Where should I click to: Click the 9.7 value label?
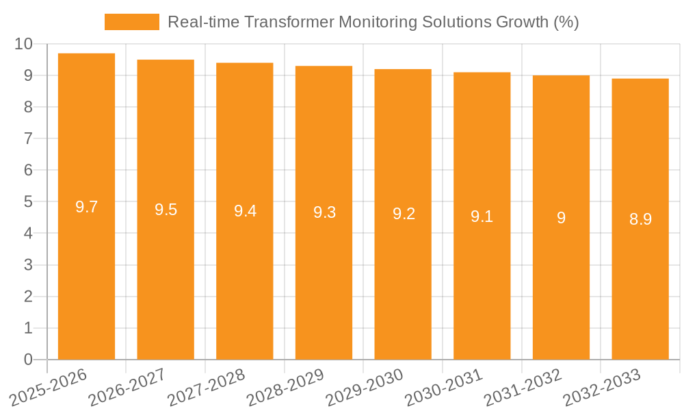[x=86, y=207]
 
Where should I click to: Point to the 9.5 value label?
[x=166, y=210]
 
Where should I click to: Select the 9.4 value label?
[x=245, y=211]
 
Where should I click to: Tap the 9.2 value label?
[x=403, y=214]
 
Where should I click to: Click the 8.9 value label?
[x=640, y=219]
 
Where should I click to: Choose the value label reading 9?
[x=561, y=218]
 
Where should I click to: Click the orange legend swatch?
[x=131, y=22]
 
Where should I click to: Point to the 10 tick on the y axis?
[x=23, y=44]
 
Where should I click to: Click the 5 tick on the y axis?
[x=28, y=202]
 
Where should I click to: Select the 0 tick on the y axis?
[x=28, y=360]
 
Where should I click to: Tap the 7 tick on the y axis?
[x=28, y=138]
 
